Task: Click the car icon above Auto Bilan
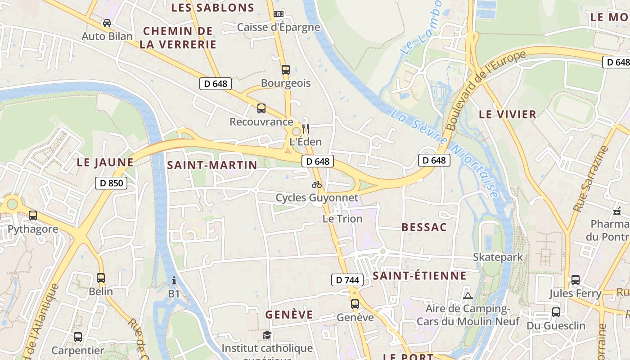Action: [107, 22]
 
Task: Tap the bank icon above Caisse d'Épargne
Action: [279, 14]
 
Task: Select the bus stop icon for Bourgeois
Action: [286, 70]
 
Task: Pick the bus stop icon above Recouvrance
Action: [261, 108]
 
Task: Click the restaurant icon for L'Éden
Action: [306, 128]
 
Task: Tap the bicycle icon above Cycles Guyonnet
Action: [317, 184]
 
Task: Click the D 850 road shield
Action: [111, 183]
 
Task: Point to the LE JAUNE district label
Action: [105, 162]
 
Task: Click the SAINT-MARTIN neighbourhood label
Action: [212, 165]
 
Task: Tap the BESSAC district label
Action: [424, 227]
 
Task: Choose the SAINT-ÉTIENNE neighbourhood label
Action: [419, 276]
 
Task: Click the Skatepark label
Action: [498, 257]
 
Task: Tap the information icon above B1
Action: [174, 281]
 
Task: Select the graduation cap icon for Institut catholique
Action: [267, 335]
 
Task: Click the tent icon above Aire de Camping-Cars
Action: [468, 296]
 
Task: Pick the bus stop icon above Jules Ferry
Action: [575, 280]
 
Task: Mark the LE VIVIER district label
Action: [508, 114]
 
